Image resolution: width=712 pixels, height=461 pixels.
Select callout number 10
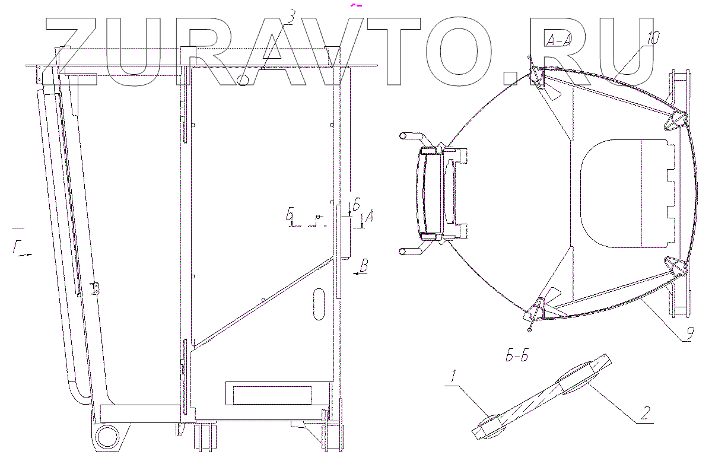653,39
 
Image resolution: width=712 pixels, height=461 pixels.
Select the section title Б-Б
514,357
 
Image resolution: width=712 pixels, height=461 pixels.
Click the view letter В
364,265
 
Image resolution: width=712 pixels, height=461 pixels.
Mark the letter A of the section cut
368,218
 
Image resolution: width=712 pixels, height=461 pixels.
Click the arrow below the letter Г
24,255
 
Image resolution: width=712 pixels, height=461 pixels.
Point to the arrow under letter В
359,274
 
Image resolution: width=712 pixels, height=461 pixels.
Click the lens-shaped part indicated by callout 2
574,380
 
